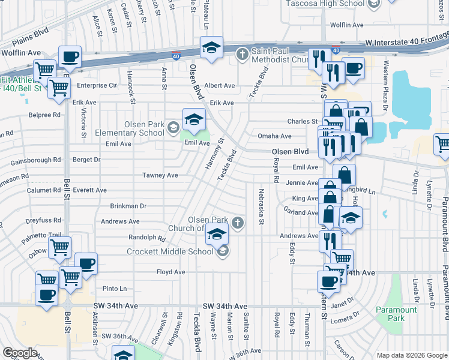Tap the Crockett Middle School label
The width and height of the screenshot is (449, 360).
click(x=170, y=251)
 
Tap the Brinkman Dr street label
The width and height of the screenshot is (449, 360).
click(x=128, y=206)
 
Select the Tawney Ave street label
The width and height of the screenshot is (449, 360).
click(x=160, y=175)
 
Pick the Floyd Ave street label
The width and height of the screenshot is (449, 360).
click(x=170, y=272)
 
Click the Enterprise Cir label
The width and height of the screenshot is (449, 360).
click(x=96, y=85)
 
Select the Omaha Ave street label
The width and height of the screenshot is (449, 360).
click(x=270, y=136)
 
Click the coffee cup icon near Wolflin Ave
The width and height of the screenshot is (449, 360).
click(x=70, y=57)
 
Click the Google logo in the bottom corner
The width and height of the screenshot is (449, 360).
click(x=20, y=353)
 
